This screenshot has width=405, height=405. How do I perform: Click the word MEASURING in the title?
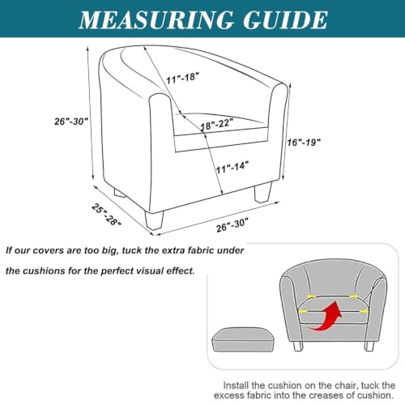coord(156,19)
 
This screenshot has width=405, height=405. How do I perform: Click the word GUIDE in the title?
coord(285,19)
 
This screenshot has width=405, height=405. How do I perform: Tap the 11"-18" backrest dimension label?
coord(183,78)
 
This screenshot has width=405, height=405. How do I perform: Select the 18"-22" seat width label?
coord(216,124)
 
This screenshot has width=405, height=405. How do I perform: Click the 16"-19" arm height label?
coord(304,143)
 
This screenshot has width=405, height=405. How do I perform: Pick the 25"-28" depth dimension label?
coord(106,215)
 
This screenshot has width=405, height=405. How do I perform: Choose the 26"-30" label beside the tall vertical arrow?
coord(71,122)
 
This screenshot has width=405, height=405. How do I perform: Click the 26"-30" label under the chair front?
coord(232,225)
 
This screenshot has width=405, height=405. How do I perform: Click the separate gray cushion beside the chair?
coord(243,339)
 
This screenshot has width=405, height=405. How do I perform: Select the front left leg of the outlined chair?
coord(155,220)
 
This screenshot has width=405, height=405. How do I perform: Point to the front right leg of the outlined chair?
coord(262,192)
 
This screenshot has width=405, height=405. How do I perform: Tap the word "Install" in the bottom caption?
coord(236,386)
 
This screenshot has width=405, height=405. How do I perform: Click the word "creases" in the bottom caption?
coord(326,395)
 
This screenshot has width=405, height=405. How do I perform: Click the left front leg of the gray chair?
coord(298,346)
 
